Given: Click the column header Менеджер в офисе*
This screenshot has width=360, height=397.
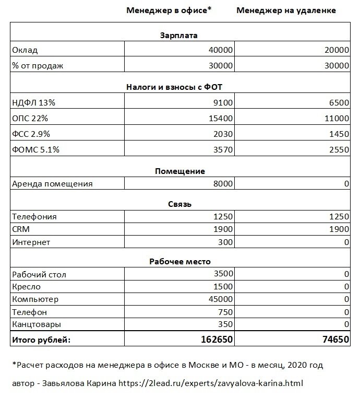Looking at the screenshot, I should tap(168, 10).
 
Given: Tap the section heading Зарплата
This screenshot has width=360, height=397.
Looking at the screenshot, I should tap(179, 36).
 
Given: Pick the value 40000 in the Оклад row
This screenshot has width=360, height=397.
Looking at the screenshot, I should tap(220, 51).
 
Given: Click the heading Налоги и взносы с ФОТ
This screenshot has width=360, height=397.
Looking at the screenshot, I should tap(179, 86).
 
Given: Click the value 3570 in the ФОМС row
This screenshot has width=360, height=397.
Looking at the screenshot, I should tap(223, 150).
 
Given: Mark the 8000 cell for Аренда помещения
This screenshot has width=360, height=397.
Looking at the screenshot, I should tap(223, 184).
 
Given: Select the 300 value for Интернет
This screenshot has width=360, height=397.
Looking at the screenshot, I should tap(225, 242).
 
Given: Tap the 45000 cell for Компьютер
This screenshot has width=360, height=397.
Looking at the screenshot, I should tap(220, 299).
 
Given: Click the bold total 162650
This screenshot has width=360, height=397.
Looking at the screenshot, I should tap(217, 340).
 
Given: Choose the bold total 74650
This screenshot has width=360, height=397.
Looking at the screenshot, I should tap(334, 340).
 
